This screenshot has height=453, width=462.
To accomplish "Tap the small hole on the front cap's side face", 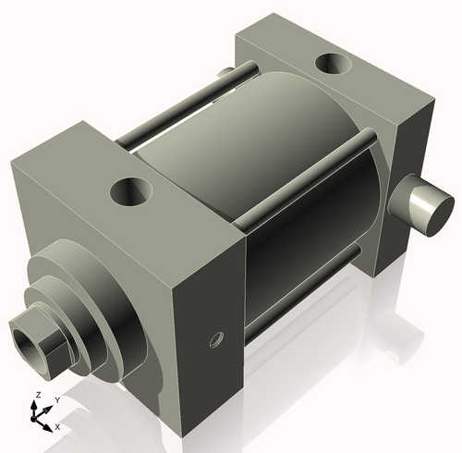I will coord(216,339).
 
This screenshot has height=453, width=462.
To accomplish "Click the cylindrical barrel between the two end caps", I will coord(268,185).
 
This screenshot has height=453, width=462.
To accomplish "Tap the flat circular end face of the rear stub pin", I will coord(432,208).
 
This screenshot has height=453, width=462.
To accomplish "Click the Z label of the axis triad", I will coord(37,395).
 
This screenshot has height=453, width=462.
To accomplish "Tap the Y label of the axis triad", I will coord(56,400).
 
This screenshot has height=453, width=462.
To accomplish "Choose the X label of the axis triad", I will coord(57,427).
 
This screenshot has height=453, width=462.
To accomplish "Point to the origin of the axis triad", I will coord(40,417).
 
